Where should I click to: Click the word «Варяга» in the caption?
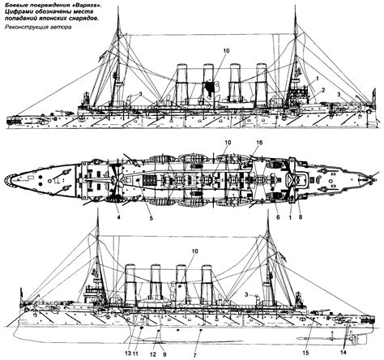[x=88, y=5]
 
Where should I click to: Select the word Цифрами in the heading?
[x=17, y=12]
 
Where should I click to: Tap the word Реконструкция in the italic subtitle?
[x=24, y=28]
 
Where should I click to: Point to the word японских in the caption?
[x=56, y=19]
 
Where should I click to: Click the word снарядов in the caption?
[x=85, y=19]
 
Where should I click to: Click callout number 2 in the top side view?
[x=323, y=89]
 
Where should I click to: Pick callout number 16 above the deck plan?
[x=259, y=143]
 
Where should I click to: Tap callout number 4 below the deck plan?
[x=118, y=217]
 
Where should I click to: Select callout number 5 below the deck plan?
[x=151, y=218]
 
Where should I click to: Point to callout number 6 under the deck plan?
[x=278, y=217]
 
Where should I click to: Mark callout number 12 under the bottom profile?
[x=154, y=354]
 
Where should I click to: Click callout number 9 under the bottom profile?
[x=164, y=354]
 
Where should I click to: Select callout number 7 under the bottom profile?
[x=195, y=354]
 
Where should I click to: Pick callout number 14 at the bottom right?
[x=343, y=352]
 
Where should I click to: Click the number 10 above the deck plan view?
[x=227, y=143]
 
